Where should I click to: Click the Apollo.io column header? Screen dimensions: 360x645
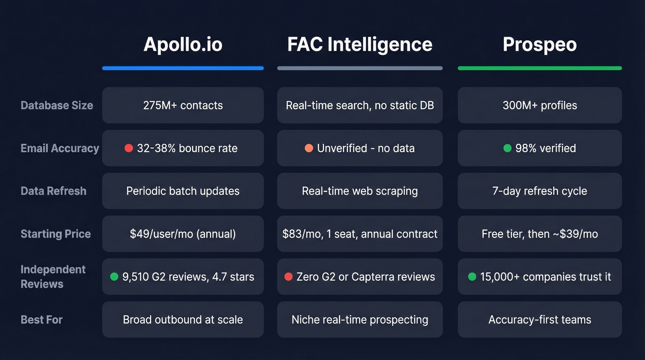(183, 45)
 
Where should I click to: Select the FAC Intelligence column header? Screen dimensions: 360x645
(360, 45)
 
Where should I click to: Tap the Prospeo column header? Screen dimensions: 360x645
(539, 45)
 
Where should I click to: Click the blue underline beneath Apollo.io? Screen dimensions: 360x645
(183, 68)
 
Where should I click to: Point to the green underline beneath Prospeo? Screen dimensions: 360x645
(539, 68)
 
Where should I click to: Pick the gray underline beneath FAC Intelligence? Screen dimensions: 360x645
(360, 68)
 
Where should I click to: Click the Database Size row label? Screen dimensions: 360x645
(57, 105)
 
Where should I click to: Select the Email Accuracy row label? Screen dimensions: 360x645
(60, 148)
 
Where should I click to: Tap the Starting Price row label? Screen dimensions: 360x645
(56, 234)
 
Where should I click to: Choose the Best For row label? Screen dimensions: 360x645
(41, 319)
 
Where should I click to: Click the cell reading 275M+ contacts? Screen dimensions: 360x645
(183, 105)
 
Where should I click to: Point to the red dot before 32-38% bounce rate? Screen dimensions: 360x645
(129, 148)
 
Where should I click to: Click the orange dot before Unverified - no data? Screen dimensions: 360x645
(309, 148)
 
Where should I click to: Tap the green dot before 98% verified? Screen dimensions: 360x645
(507, 148)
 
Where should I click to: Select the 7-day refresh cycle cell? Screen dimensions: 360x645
(539, 191)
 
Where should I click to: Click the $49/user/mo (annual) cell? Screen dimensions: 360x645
(183, 234)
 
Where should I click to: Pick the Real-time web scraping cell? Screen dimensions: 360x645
(360, 191)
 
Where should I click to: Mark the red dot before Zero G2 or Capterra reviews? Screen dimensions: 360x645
(288, 277)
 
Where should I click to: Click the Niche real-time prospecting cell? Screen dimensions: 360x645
(360, 319)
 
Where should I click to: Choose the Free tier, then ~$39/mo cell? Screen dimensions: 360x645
(539, 234)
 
